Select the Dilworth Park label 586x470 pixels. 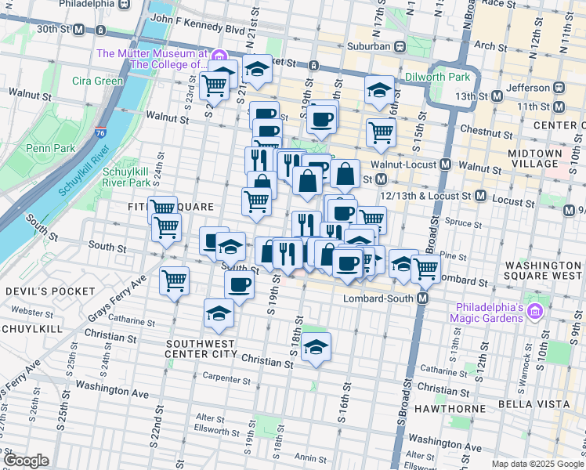coord(437,78)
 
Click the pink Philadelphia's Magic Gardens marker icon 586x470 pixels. coord(536,313)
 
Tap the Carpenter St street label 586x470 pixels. coord(226,381)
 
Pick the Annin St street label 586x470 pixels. coord(304,458)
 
